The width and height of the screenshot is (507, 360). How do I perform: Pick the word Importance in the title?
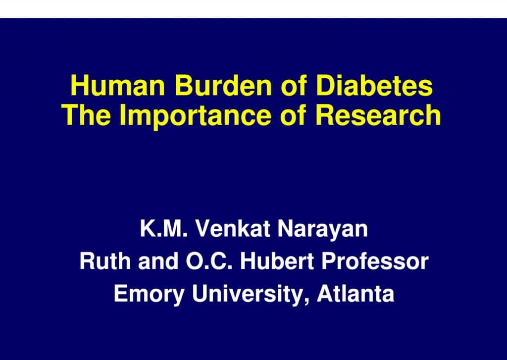pos(195,117)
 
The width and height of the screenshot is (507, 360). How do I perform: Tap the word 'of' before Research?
pos(293,115)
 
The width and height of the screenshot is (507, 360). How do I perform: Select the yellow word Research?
pos(378,115)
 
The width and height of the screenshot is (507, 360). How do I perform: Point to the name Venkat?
pos(233,229)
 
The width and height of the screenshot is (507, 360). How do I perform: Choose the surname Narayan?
pos(322,231)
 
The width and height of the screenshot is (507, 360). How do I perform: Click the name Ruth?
pos(105,261)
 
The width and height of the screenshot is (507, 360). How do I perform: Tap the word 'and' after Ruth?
pos(158,261)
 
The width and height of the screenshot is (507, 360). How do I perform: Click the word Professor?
pos(375,261)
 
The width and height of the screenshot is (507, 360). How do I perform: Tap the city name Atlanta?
pos(355,293)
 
